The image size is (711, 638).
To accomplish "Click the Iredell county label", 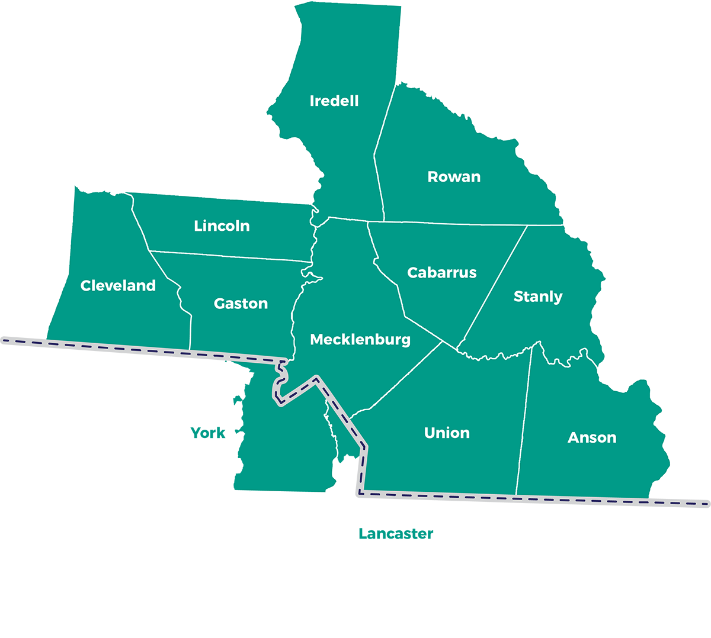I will (x=334, y=101).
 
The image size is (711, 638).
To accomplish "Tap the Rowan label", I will (x=454, y=176).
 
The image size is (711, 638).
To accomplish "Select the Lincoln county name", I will (x=222, y=225).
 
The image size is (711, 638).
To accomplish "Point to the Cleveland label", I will (x=118, y=285).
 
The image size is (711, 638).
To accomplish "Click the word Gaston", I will (x=241, y=303).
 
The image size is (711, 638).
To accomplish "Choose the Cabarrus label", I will (x=442, y=272).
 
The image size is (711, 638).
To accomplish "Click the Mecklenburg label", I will (x=360, y=339).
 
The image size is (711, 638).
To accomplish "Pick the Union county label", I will (x=447, y=433).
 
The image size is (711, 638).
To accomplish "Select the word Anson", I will (x=592, y=437).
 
